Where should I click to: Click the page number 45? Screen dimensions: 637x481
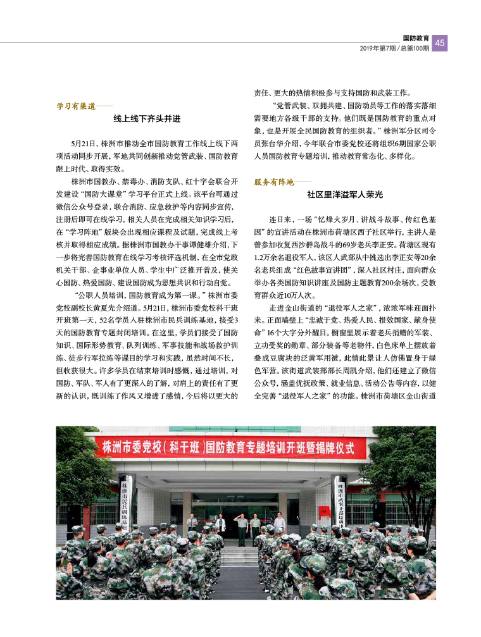tap(441, 42)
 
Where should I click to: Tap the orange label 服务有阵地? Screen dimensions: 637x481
tap(274, 182)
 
